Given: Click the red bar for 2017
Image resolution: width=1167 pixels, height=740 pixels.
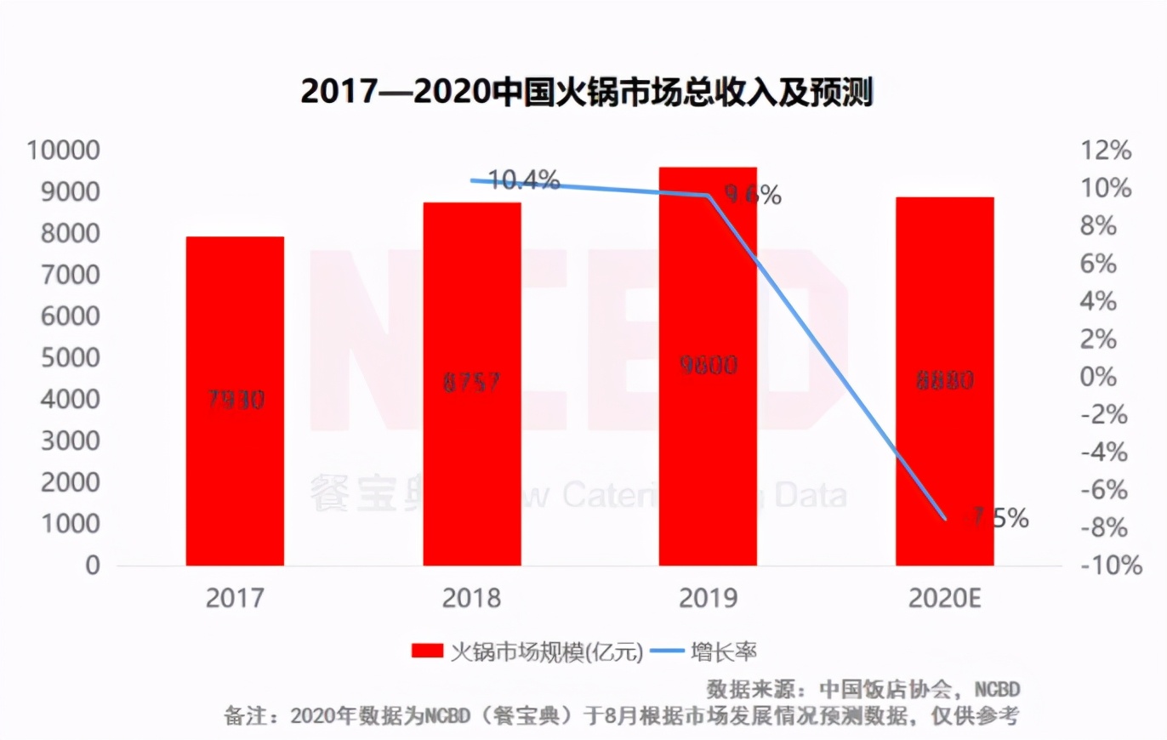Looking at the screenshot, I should tap(235, 401).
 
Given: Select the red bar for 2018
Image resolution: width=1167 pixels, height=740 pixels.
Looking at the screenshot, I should tap(471, 384).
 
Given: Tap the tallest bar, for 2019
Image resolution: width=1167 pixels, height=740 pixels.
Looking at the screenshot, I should tap(708, 366).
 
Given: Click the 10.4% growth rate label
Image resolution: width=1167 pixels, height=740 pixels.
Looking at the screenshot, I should tap(525, 180).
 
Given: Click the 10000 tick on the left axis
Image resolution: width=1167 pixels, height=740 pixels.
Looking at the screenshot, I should tap(64, 151).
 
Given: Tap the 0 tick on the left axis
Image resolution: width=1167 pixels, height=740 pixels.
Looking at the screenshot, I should tap(92, 566).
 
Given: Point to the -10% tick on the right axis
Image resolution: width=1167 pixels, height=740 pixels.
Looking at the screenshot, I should tap(1110, 566).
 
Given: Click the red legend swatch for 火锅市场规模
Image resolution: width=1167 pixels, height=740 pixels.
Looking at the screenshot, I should tap(427, 652).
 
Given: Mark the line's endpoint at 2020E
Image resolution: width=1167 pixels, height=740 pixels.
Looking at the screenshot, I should tap(944, 518).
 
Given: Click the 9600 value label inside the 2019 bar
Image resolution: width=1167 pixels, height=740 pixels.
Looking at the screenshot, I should tap(708, 366).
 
